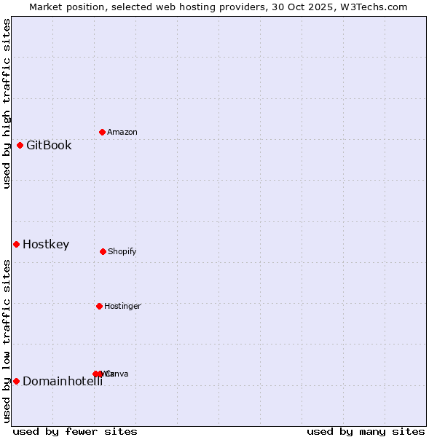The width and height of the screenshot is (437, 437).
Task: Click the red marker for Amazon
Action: pos(102,132)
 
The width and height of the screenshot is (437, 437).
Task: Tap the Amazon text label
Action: pos(122,133)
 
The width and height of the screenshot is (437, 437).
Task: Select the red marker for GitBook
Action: pos(20,145)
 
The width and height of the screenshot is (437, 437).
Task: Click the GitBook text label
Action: pos(49,145)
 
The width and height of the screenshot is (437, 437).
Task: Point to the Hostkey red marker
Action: pos(16,244)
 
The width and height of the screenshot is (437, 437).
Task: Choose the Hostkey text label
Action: pos(46,245)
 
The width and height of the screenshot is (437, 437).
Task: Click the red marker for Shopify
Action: pos(103,251)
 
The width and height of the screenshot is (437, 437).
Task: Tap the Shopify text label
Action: pos(122,252)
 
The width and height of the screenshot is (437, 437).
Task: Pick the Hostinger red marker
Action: pos(99,306)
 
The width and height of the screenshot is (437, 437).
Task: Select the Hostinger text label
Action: pos(122,307)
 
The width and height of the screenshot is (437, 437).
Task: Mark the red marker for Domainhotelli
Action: pos(16,381)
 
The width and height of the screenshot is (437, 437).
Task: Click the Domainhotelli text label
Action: pos(63,382)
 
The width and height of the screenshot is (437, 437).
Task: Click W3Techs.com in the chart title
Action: pos(371,7)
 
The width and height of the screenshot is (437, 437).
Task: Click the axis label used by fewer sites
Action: pos(75,431)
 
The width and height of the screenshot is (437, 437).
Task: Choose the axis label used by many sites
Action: pos(366,431)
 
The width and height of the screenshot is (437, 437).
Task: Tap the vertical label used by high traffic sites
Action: pos(7,103)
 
